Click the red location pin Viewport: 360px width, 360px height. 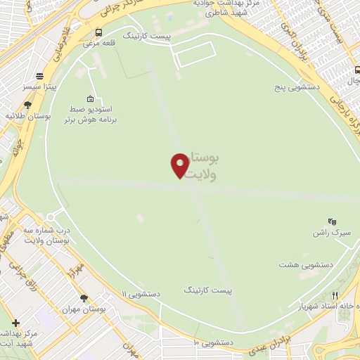coord(180,165)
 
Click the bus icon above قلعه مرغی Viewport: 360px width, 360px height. coord(98,32)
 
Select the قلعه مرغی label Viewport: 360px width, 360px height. coord(98,43)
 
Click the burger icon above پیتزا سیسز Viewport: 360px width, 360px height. coord(41,77)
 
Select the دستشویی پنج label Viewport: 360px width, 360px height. coord(297,89)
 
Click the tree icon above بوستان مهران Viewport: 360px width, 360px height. coord(84,298)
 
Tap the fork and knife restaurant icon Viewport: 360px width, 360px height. coord(335,296)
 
